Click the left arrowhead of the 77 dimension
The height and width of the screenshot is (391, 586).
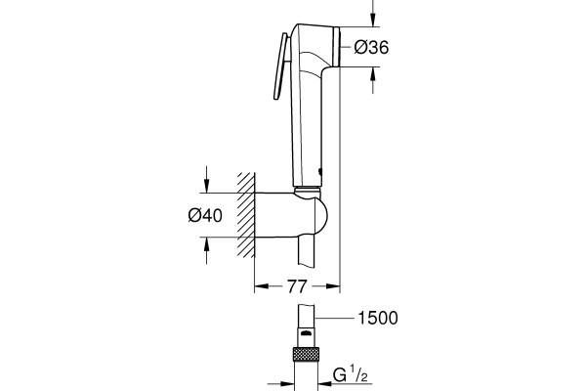pos(259,286)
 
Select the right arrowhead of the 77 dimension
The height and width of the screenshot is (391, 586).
pos(334,286)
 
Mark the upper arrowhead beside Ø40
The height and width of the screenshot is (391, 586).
pos(206,190)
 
